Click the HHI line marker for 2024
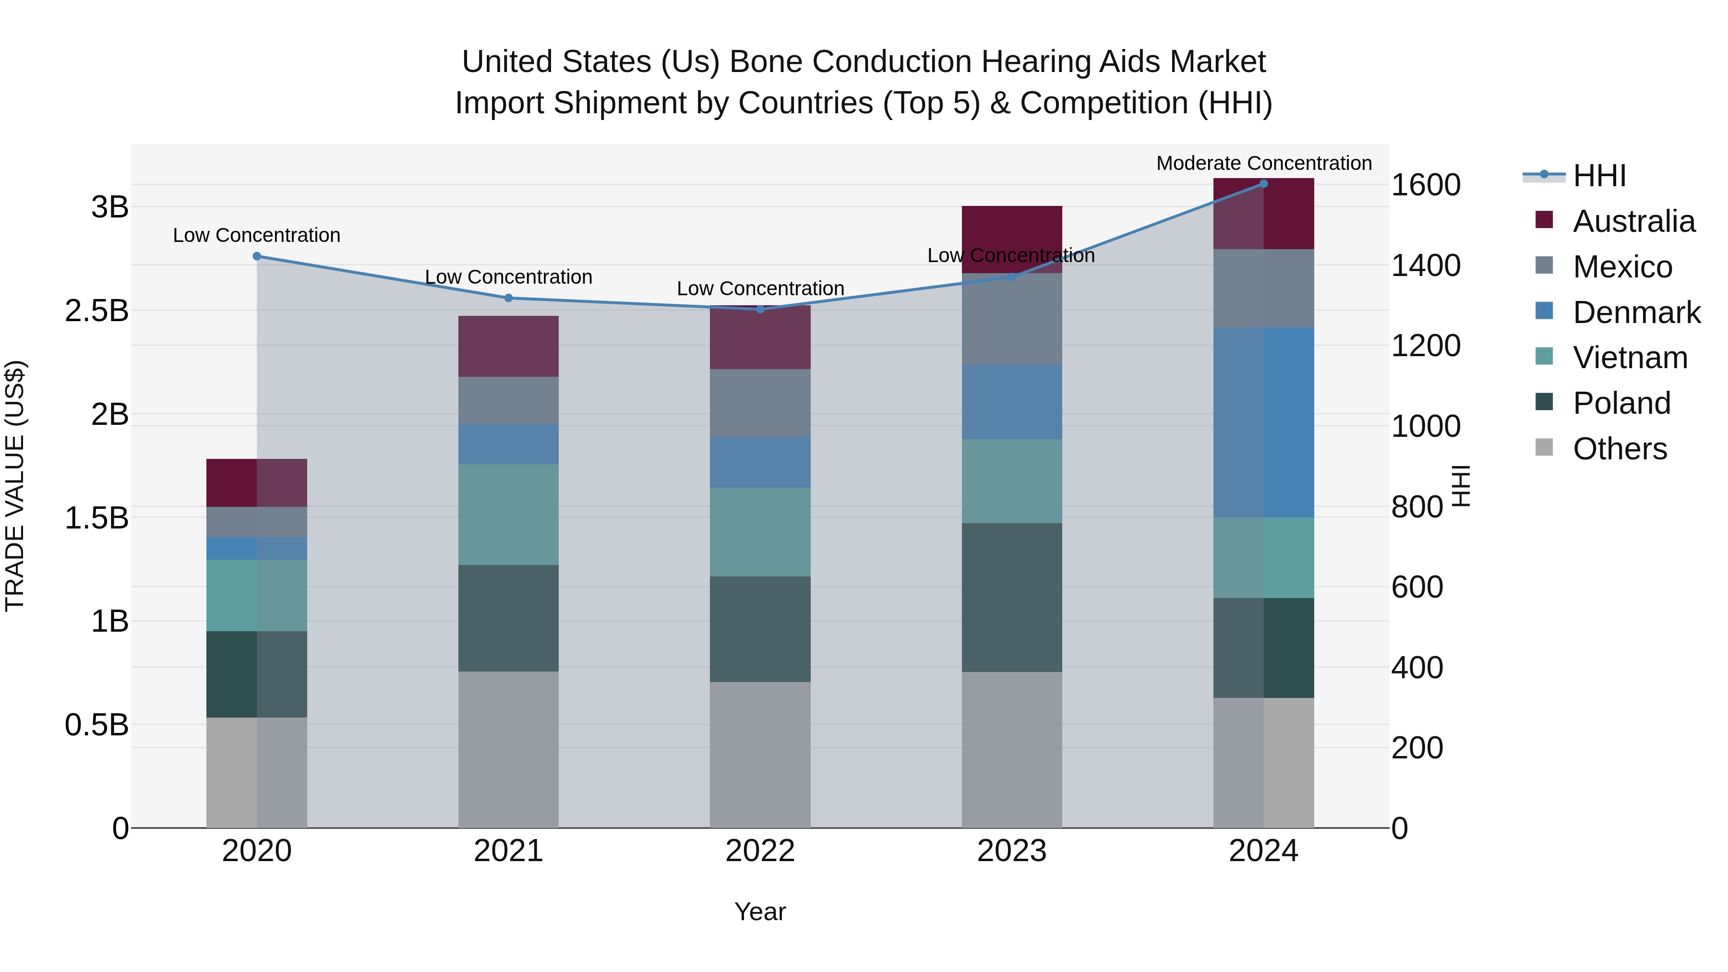coord(1263,184)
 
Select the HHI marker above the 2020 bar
coord(257,256)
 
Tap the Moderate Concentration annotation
coord(1264,163)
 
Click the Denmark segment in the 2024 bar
coord(1264,422)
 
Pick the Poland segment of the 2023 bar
coord(1011,597)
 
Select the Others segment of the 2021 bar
coord(508,749)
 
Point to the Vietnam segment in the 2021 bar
coord(508,515)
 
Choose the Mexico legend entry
coord(1622,267)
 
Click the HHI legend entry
coord(1599,176)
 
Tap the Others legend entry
coord(1620,449)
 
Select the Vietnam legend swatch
coord(1544,356)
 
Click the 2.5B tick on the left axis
coord(96,311)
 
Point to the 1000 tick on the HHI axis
coord(1426,426)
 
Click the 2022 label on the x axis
coord(760,851)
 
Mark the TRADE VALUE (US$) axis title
coord(15,486)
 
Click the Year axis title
coord(760,912)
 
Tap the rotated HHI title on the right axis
coord(1460,486)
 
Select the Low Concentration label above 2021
coord(508,277)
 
